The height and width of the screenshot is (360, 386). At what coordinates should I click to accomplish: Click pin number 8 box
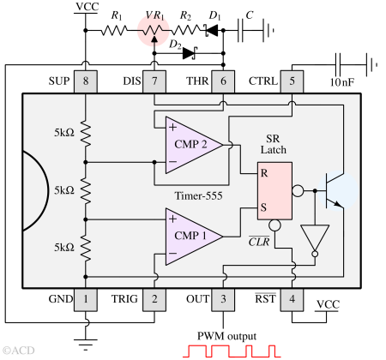85,81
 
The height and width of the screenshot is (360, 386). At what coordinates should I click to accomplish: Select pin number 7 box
154,81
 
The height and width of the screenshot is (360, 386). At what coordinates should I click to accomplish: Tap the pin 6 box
223,81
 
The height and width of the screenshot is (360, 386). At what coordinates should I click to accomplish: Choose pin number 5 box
292,81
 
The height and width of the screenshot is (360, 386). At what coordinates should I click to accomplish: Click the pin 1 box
85,299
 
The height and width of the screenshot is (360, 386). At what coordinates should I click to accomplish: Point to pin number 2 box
154,299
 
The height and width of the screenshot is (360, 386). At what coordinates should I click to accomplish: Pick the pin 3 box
223,299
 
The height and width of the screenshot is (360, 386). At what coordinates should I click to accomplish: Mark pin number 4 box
292,299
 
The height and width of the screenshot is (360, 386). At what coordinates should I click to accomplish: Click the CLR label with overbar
259,241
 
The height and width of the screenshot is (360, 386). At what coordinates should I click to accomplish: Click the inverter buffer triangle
315,238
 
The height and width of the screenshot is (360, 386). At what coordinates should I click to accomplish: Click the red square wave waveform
232,351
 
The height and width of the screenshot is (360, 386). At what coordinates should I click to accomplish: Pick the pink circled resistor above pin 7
154,29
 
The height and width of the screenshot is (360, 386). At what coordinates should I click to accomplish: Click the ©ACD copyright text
19,351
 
